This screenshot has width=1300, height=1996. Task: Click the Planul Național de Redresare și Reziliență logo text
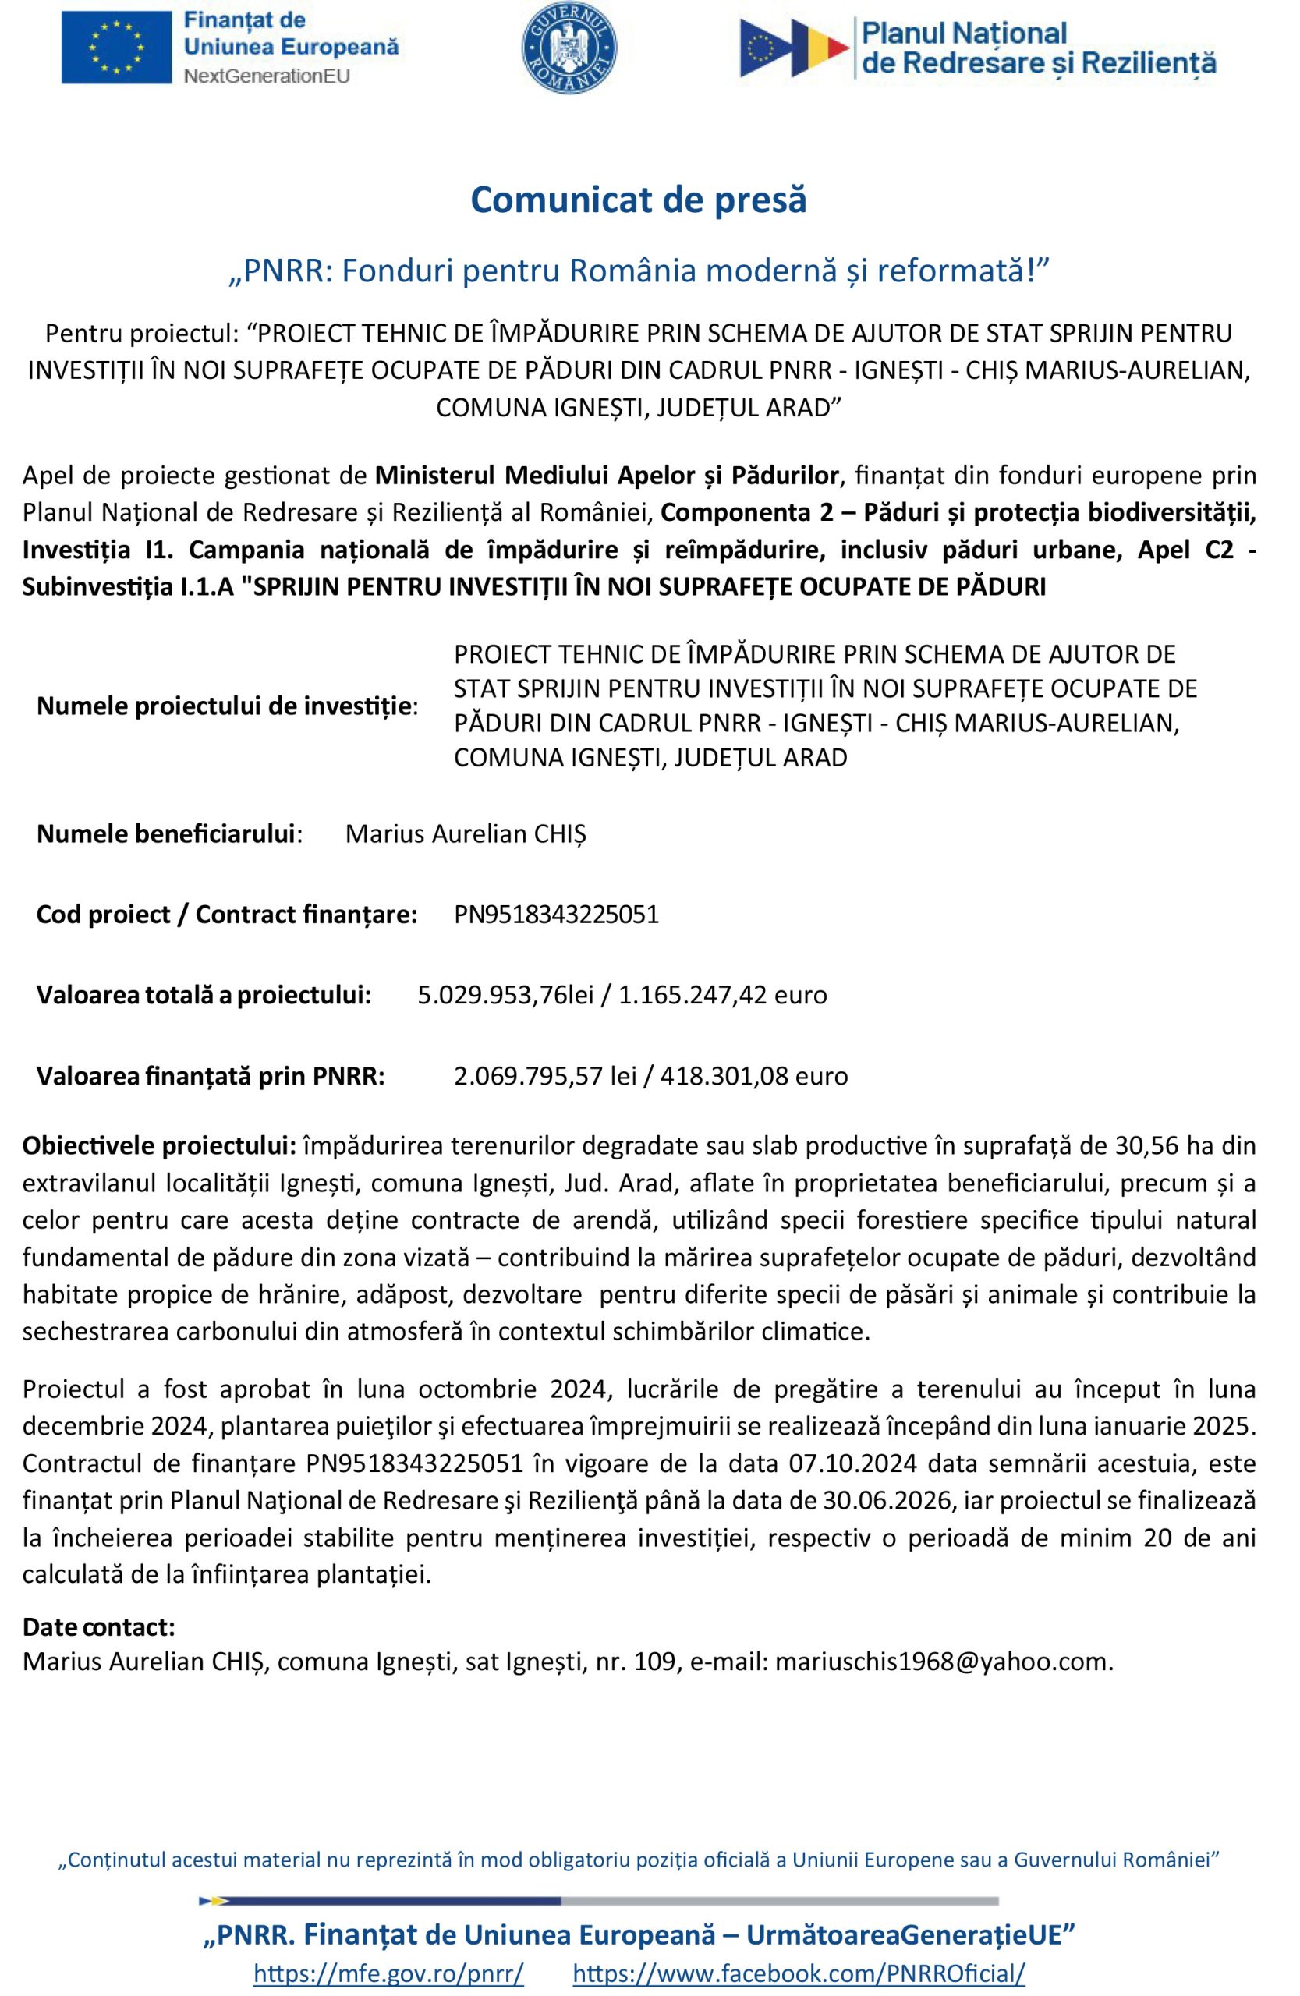(1038, 48)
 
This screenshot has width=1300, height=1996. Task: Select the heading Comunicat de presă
(638, 200)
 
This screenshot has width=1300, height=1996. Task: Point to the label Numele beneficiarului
(168, 833)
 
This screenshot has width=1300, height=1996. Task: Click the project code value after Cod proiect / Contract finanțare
(556, 914)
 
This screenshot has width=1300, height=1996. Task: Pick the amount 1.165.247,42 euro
(722, 995)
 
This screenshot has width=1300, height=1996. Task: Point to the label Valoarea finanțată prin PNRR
(211, 1075)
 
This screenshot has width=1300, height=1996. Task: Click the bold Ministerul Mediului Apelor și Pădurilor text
(605, 476)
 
